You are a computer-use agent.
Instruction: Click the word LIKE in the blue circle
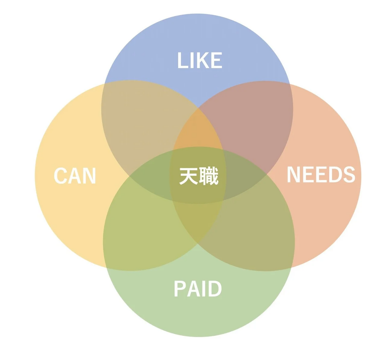[x=200, y=60]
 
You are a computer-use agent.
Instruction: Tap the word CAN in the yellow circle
[x=75, y=176]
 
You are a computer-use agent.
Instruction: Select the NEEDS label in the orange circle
[x=321, y=175]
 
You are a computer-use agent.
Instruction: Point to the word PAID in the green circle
[x=198, y=289]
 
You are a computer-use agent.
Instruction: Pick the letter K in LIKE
[x=202, y=60]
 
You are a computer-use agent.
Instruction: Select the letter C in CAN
[x=61, y=176]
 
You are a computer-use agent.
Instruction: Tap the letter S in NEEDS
[x=349, y=175]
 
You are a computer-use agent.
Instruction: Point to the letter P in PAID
[x=180, y=289]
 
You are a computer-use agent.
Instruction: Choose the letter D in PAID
[x=215, y=289]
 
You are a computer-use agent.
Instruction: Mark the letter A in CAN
[x=75, y=176]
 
